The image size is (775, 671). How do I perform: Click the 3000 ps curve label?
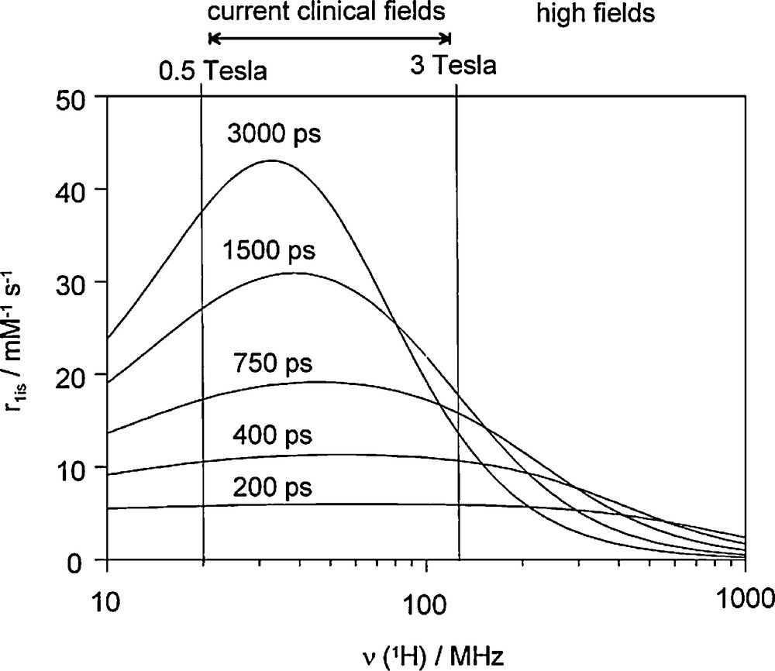(274, 134)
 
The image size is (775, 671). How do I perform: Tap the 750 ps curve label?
(277, 362)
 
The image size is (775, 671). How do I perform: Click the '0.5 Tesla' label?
(213, 71)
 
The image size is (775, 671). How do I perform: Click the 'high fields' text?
(597, 12)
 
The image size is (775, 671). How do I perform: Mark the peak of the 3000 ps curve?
(271, 160)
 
